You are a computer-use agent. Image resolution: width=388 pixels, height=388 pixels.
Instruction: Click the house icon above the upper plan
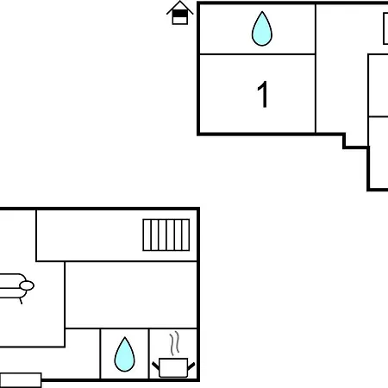pos(180,13)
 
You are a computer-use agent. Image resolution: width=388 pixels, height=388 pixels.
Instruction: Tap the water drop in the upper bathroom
pos(262,28)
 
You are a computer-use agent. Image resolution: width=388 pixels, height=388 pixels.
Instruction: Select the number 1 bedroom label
pos(263,94)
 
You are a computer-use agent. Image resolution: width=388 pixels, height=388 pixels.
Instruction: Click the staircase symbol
pos(166,235)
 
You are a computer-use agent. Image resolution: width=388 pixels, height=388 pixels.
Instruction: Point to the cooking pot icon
pos(173,367)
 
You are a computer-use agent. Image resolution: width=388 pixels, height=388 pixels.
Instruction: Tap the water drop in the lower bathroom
pos(124,354)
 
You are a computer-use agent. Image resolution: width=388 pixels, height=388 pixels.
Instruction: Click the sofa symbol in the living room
pos(16,286)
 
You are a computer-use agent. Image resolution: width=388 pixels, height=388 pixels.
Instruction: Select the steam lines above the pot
pos(174,343)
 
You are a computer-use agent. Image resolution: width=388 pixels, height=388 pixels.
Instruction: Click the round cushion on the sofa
pos(27,285)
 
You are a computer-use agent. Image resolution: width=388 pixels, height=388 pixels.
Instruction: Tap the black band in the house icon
pos(180,14)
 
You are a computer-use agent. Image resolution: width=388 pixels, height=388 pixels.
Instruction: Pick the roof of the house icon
pos(180,7)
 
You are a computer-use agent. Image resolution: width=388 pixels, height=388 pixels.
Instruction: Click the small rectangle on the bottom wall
pos(21,380)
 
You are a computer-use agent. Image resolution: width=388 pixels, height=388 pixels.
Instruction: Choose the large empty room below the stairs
pos(131,295)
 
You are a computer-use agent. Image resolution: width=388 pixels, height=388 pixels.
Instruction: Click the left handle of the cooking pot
pos(155,366)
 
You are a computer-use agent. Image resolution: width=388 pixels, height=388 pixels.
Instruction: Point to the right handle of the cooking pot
pos(191,366)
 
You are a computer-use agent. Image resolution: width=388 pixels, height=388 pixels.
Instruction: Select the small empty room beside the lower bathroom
pos(83,354)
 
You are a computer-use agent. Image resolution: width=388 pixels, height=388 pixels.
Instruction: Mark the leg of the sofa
pos(21,301)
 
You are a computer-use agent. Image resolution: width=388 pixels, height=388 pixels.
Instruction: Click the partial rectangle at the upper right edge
pos(385,28)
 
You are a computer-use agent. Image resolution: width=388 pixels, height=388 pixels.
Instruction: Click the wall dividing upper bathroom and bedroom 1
pos(258,53)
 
